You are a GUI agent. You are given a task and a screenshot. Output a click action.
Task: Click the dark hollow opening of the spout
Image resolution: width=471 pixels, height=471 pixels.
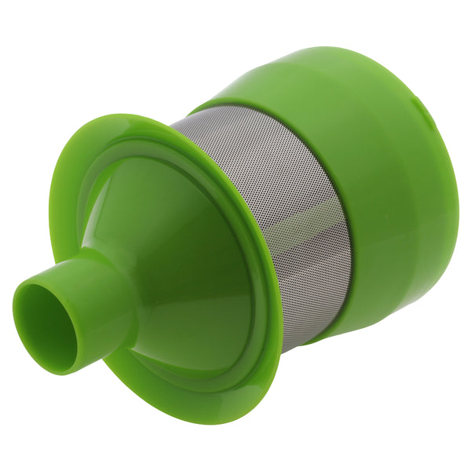pos(46,326)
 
